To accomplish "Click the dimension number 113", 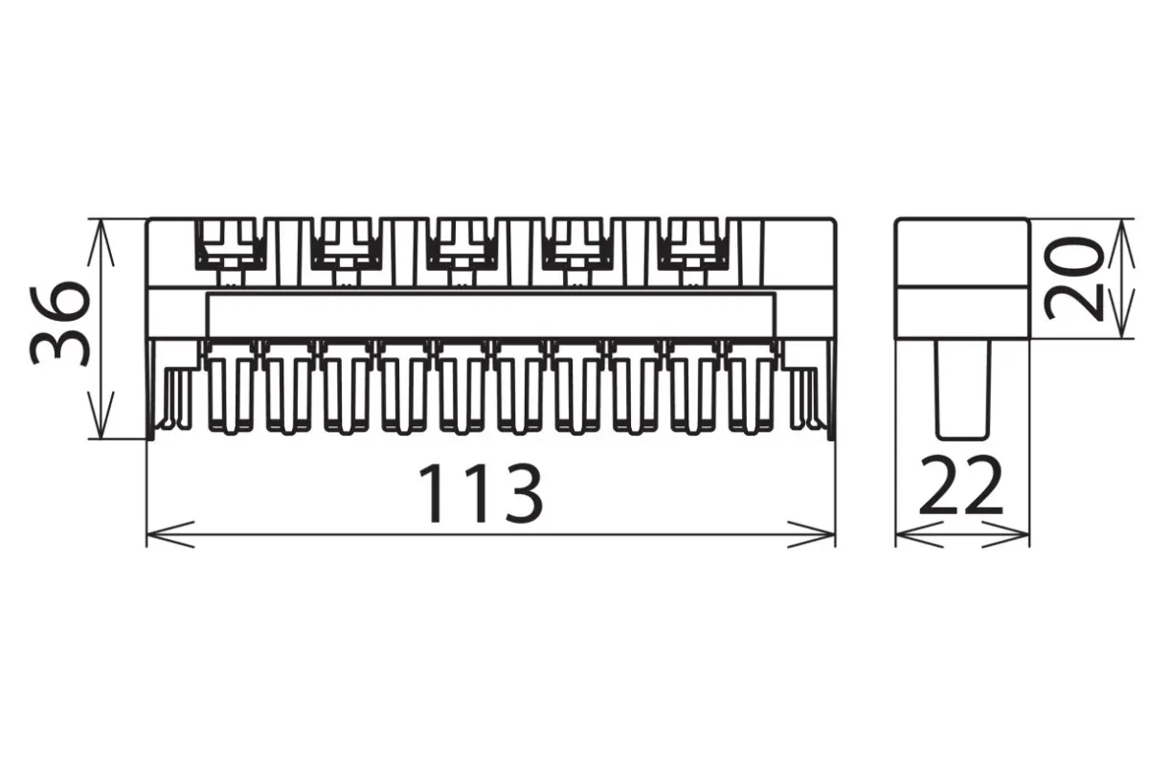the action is pyautogui.click(x=481, y=493).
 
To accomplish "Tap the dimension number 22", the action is pyautogui.click(x=960, y=485).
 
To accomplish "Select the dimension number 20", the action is pyautogui.click(x=1072, y=279).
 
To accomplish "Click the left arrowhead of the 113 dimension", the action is pyautogui.click(x=170, y=534).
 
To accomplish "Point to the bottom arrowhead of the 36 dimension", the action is pyautogui.click(x=101, y=415).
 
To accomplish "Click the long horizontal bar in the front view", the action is pyautogui.click(x=491, y=315).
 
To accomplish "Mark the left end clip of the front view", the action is pyautogui.click(x=172, y=395).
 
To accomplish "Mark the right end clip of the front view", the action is pyautogui.click(x=810, y=395).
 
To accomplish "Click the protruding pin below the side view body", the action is pyautogui.click(x=962, y=390).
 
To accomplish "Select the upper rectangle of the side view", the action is pyautogui.click(x=961, y=253).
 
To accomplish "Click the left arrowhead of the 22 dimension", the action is pyautogui.click(x=919, y=534).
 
